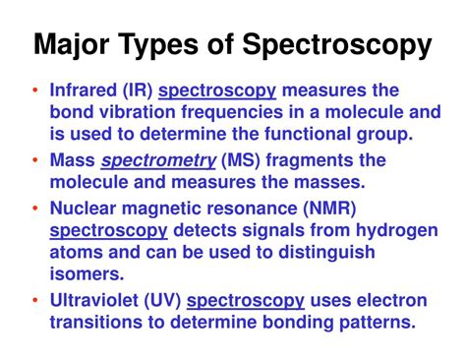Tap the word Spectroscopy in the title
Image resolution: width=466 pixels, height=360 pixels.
345,45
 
